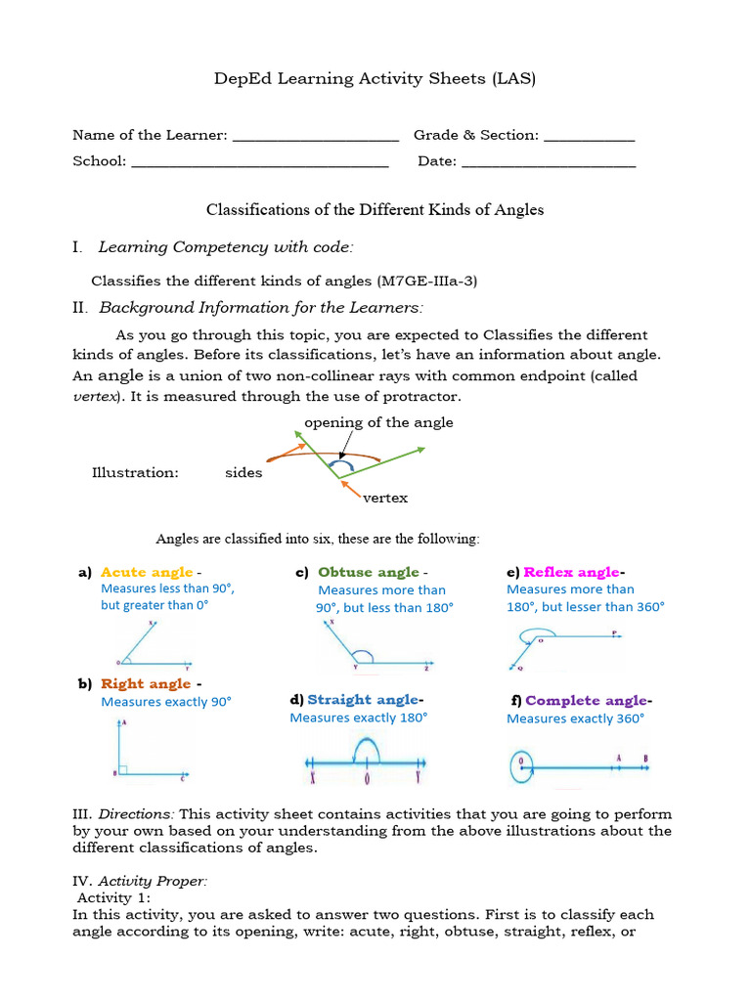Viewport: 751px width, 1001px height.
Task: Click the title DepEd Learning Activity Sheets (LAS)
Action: [x=375, y=79]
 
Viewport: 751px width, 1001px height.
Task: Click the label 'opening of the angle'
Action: [x=378, y=423]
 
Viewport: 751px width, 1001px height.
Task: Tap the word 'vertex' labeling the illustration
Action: [x=384, y=498]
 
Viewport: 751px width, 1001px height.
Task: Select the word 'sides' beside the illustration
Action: [x=243, y=473]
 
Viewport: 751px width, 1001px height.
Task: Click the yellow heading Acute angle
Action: [x=147, y=573]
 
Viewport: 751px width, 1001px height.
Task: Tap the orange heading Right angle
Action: [x=146, y=684]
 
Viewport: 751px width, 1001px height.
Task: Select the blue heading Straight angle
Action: [x=364, y=700]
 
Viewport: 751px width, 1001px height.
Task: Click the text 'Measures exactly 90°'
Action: [x=166, y=702]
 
